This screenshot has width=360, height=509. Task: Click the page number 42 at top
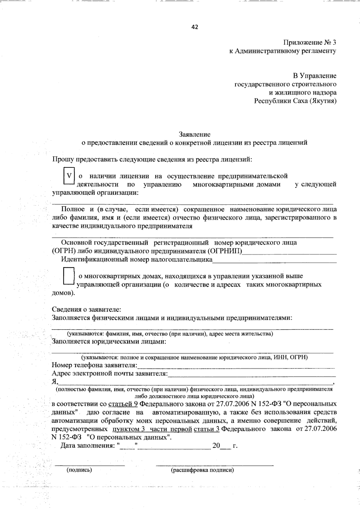(x=195, y=27)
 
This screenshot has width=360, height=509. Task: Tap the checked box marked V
(x=69, y=176)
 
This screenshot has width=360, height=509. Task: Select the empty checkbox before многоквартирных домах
(x=69, y=276)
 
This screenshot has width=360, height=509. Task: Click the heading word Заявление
(x=195, y=134)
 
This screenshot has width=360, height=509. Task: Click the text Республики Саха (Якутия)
(x=295, y=101)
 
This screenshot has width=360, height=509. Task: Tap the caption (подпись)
(x=79, y=470)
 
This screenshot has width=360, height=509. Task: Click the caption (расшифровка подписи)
(x=202, y=470)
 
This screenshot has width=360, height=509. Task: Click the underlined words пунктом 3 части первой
(x=152, y=429)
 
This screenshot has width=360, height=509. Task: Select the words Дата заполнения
(x=87, y=446)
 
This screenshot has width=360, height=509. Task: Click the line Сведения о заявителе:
(x=87, y=309)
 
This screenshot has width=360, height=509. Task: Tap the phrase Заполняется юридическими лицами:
(x=109, y=341)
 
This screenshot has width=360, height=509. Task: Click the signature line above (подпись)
(x=89, y=465)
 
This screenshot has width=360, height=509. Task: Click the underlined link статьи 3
(x=207, y=429)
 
